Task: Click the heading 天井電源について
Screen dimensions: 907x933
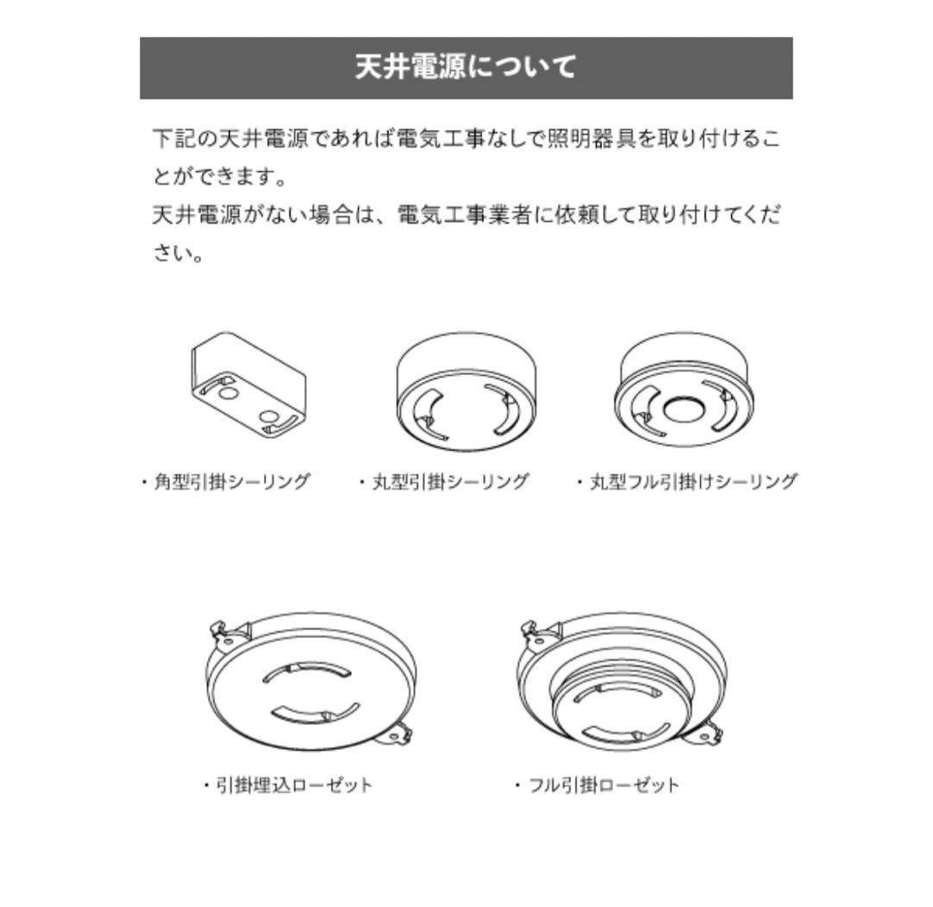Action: point(466,67)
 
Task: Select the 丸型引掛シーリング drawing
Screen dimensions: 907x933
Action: point(466,393)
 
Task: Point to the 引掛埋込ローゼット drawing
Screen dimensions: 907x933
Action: point(310,682)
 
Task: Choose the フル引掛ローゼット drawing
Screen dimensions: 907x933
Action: point(621,682)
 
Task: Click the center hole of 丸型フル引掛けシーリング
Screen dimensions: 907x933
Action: point(683,409)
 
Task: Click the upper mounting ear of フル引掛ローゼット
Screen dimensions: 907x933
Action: point(535,637)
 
